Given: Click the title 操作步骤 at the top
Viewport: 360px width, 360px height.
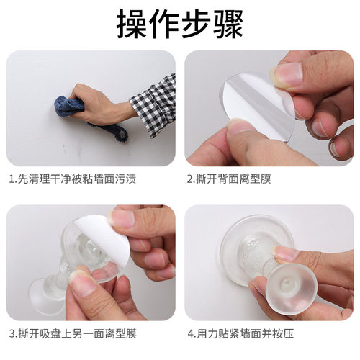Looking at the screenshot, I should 179,24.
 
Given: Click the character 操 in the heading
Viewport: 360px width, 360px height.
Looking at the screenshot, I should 135,24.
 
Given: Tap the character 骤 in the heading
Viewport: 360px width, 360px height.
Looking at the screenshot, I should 224,24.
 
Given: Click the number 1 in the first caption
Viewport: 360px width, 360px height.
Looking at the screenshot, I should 12,179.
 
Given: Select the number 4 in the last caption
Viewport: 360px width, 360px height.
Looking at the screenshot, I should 190,333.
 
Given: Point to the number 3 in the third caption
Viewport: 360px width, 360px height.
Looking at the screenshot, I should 12,333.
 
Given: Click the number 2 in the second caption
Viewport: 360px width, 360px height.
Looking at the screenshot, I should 190,179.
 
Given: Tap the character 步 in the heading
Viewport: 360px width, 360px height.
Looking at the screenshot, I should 194,24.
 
